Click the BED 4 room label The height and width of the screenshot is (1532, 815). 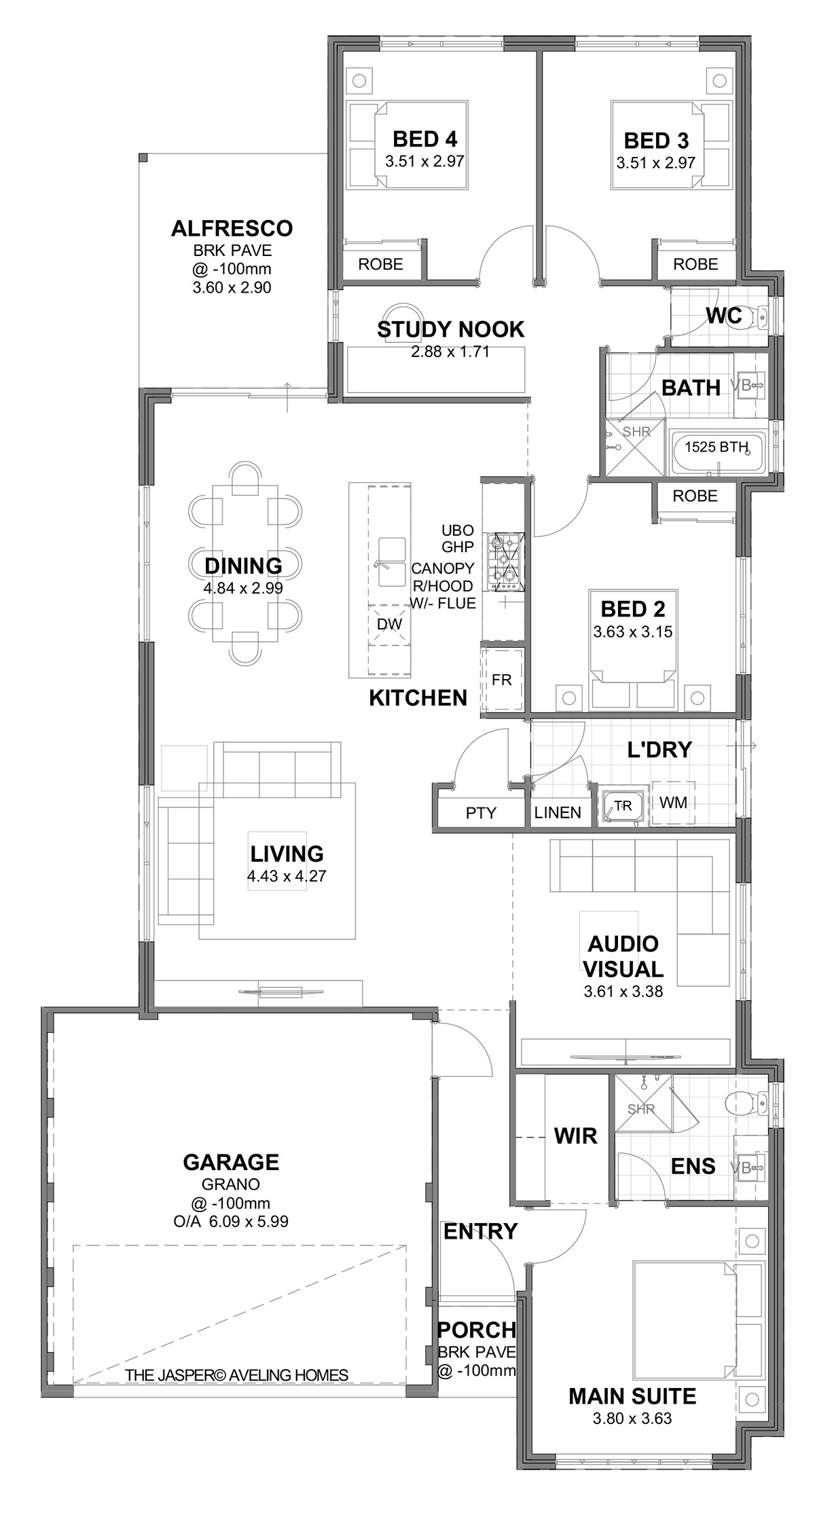[x=424, y=139]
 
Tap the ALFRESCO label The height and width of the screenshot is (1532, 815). [x=232, y=228]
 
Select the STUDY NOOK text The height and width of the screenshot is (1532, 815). [x=450, y=329]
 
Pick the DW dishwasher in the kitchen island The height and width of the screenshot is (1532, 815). [x=389, y=625]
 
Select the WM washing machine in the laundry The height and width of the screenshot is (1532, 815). [x=673, y=803]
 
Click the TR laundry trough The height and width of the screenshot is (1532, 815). [x=622, y=806]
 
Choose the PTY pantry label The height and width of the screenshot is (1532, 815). [x=481, y=813]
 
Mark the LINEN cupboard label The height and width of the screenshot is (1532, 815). [x=558, y=813]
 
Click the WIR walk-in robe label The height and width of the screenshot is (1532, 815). [x=575, y=1135]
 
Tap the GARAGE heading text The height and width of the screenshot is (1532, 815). [x=231, y=1162]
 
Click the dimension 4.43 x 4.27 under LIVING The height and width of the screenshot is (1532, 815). [x=287, y=876]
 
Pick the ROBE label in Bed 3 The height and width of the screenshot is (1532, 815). [x=695, y=263]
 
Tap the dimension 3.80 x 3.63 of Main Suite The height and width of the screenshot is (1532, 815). [x=632, y=1419]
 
